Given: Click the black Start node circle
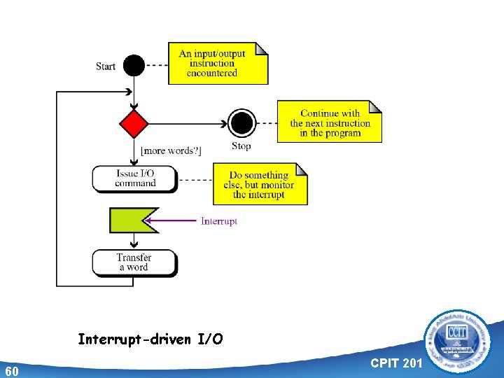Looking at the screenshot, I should coord(134,65).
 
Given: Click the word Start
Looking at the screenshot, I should coord(106,66).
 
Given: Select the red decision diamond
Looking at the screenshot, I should coord(134,124).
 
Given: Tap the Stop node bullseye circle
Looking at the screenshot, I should coord(241,124).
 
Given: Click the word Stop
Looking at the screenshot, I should coord(241,146).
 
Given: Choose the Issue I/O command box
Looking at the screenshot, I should coord(135,178).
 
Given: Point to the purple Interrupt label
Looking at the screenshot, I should coord(219,221).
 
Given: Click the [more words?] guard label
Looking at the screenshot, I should coord(171,150).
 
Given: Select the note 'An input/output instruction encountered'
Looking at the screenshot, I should coord(218,63).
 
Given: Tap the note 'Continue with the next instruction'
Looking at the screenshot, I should coord(330,122).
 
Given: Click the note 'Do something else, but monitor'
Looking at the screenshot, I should coord(260,184).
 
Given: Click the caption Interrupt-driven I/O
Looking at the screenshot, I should coord(150,340).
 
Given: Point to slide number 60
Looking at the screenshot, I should coord(12,370).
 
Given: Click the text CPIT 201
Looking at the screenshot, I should coord(395,363).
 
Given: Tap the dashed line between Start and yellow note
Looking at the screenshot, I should coord(157,65).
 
